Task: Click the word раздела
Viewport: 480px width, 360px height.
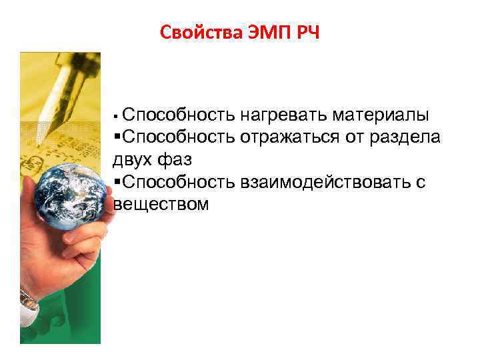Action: pos(411,138)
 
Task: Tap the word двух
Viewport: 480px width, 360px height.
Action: pos(132,160)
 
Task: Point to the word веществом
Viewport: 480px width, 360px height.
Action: pos(161,204)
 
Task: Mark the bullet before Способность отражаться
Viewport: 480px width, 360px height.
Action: pos(117,138)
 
